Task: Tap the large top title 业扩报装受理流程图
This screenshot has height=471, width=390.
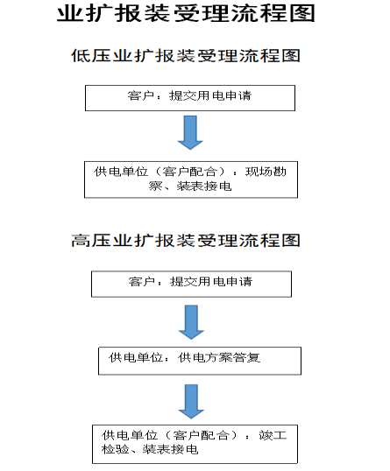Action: tap(186, 13)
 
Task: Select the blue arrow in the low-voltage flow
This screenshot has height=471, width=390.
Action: tap(190, 132)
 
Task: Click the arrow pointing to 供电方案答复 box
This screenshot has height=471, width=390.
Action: tap(191, 322)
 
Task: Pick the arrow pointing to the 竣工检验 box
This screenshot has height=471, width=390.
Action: tap(191, 401)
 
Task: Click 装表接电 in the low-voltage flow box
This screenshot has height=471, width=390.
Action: tap(204, 186)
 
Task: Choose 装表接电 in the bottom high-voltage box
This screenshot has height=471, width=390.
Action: tap(171, 449)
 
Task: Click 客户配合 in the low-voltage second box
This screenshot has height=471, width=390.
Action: tap(189, 172)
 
